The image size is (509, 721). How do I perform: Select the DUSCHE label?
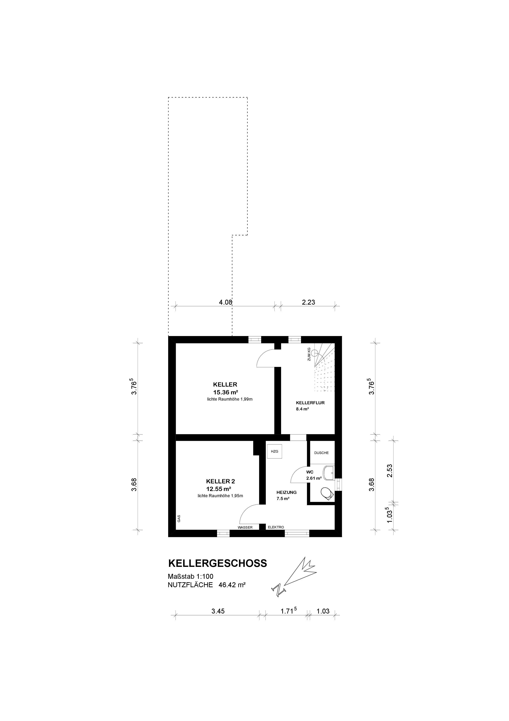pos(322,453)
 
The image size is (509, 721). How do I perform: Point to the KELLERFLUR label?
pos(310,403)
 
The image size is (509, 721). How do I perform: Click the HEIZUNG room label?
pos(286,492)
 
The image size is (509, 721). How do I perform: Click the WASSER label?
pos(245,527)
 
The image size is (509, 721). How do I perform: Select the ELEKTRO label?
pos(276,527)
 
